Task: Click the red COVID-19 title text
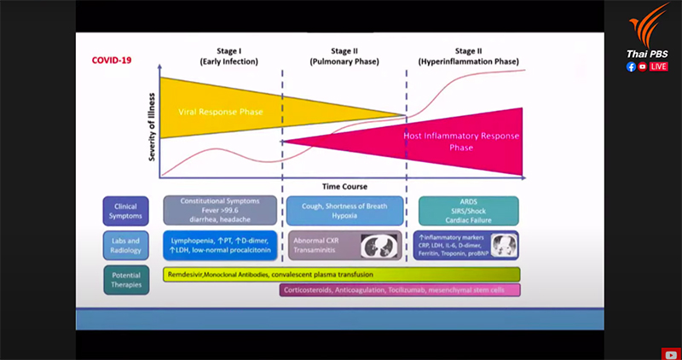pos(115,61)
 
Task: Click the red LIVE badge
pos(659,66)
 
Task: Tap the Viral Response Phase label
pos(220,112)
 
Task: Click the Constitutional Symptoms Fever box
pos(220,210)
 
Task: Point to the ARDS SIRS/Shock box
pos(468,210)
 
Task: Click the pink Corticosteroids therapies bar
pos(399,290)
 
